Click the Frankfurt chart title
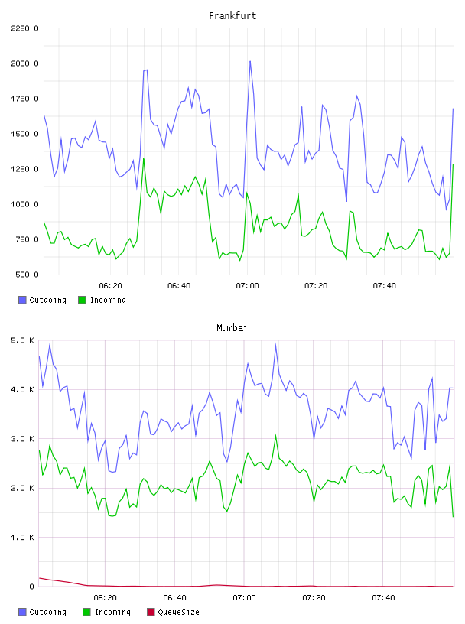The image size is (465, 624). click(232, 16)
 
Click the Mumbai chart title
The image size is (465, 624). click(232, 328)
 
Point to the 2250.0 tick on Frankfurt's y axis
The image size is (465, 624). click(24, 28)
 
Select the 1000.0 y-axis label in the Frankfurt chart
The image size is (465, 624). click(24, 204)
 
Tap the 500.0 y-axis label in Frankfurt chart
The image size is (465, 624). click(27, 275)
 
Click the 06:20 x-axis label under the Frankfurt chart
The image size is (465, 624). click(110, 286)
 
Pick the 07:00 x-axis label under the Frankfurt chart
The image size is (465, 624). click(247, 286)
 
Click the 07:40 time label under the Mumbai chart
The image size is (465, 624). click(383, 598)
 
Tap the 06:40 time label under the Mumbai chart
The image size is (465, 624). click(175, 598)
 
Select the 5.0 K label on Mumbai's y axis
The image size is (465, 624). click(23, 340)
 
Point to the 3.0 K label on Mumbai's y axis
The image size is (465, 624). click(23, 439)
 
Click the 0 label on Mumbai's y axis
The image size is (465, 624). click(32, 587)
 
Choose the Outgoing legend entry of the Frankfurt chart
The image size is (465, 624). click(42, 300)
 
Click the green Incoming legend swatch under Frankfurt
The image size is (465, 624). click(82, 300)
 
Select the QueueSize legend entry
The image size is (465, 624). click(173, 612)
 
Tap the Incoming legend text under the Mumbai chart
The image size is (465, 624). click(112, 612)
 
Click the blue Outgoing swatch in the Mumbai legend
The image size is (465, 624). click(22, 612)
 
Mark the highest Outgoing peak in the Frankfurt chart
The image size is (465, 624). click(250, 61)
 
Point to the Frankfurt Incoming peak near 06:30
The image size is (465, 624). click(144, 159)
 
